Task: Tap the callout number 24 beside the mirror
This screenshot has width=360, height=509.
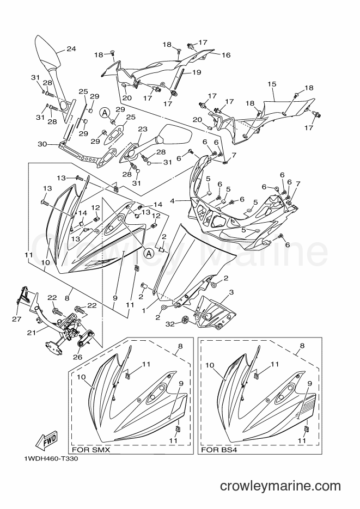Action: pyautogui.click(x=71, y=49)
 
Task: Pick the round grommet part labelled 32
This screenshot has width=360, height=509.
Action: pyautogui.click(x=185, y=321)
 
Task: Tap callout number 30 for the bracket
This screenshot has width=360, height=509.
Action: pyautogui.click(x=42, y=144)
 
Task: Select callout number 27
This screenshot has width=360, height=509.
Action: pyautogui.click(x=17, y=319)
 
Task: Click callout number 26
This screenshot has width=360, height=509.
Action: pyautogui.click(x=78, y=357)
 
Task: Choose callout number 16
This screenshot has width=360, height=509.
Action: pyautogui.click(x=226, y=55)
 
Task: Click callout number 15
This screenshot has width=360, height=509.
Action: pyautogui.click(x=272, y=84)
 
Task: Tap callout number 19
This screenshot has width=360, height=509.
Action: pyautogui.click(x=197, y=72)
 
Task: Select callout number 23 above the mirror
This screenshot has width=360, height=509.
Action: pyautogui.click(x=143, y=129)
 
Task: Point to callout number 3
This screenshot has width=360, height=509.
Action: pyautogui.click(x=231, y=292)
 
